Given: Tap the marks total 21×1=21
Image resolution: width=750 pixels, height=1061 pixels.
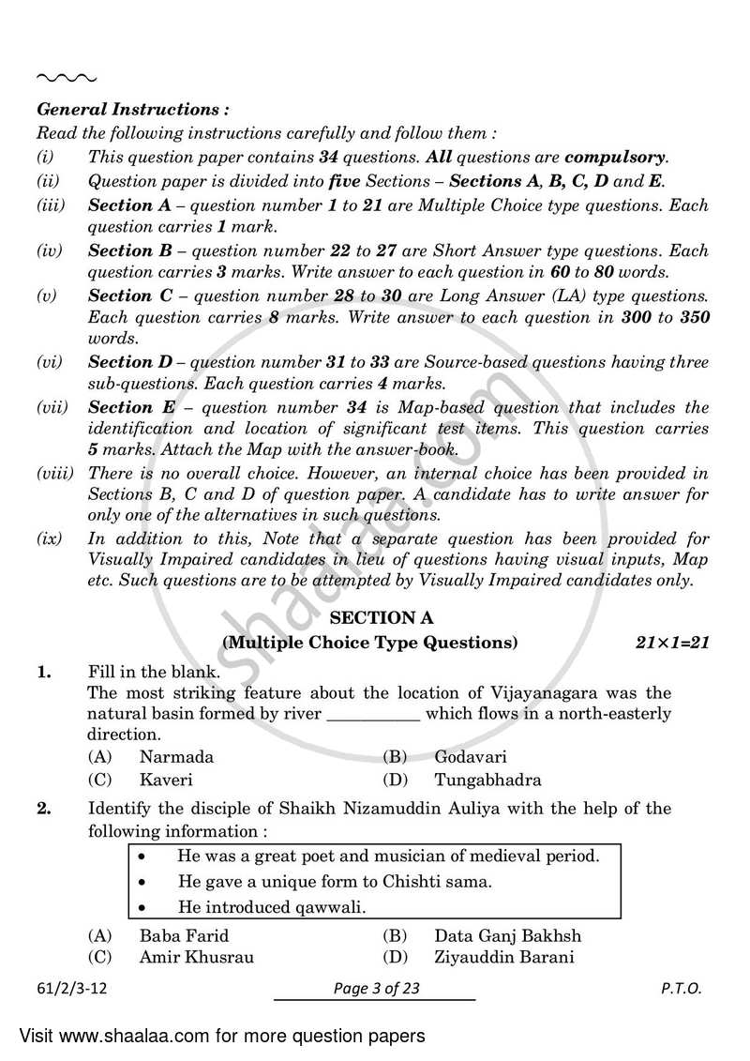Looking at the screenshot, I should (669, 643).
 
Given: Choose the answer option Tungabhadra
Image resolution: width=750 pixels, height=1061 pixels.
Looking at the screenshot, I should (487, 780).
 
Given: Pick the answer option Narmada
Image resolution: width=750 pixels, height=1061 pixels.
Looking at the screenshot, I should (176, 756).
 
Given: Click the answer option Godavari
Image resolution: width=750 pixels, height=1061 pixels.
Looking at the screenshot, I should (471, 756).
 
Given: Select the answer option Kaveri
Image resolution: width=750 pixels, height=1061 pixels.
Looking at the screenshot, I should (166, 780).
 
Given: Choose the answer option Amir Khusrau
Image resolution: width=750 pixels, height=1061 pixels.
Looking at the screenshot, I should (196, 957).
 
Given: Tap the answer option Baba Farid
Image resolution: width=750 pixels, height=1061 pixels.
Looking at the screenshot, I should (184, 934).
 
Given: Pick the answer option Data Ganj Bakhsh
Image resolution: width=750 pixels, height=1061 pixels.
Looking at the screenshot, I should (507, 934).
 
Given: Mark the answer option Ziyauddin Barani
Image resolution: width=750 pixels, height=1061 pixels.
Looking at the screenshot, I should (503, 957).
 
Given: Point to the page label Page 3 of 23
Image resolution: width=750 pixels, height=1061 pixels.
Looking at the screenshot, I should (374, 989).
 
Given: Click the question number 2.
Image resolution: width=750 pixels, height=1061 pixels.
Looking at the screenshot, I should (43, 809).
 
